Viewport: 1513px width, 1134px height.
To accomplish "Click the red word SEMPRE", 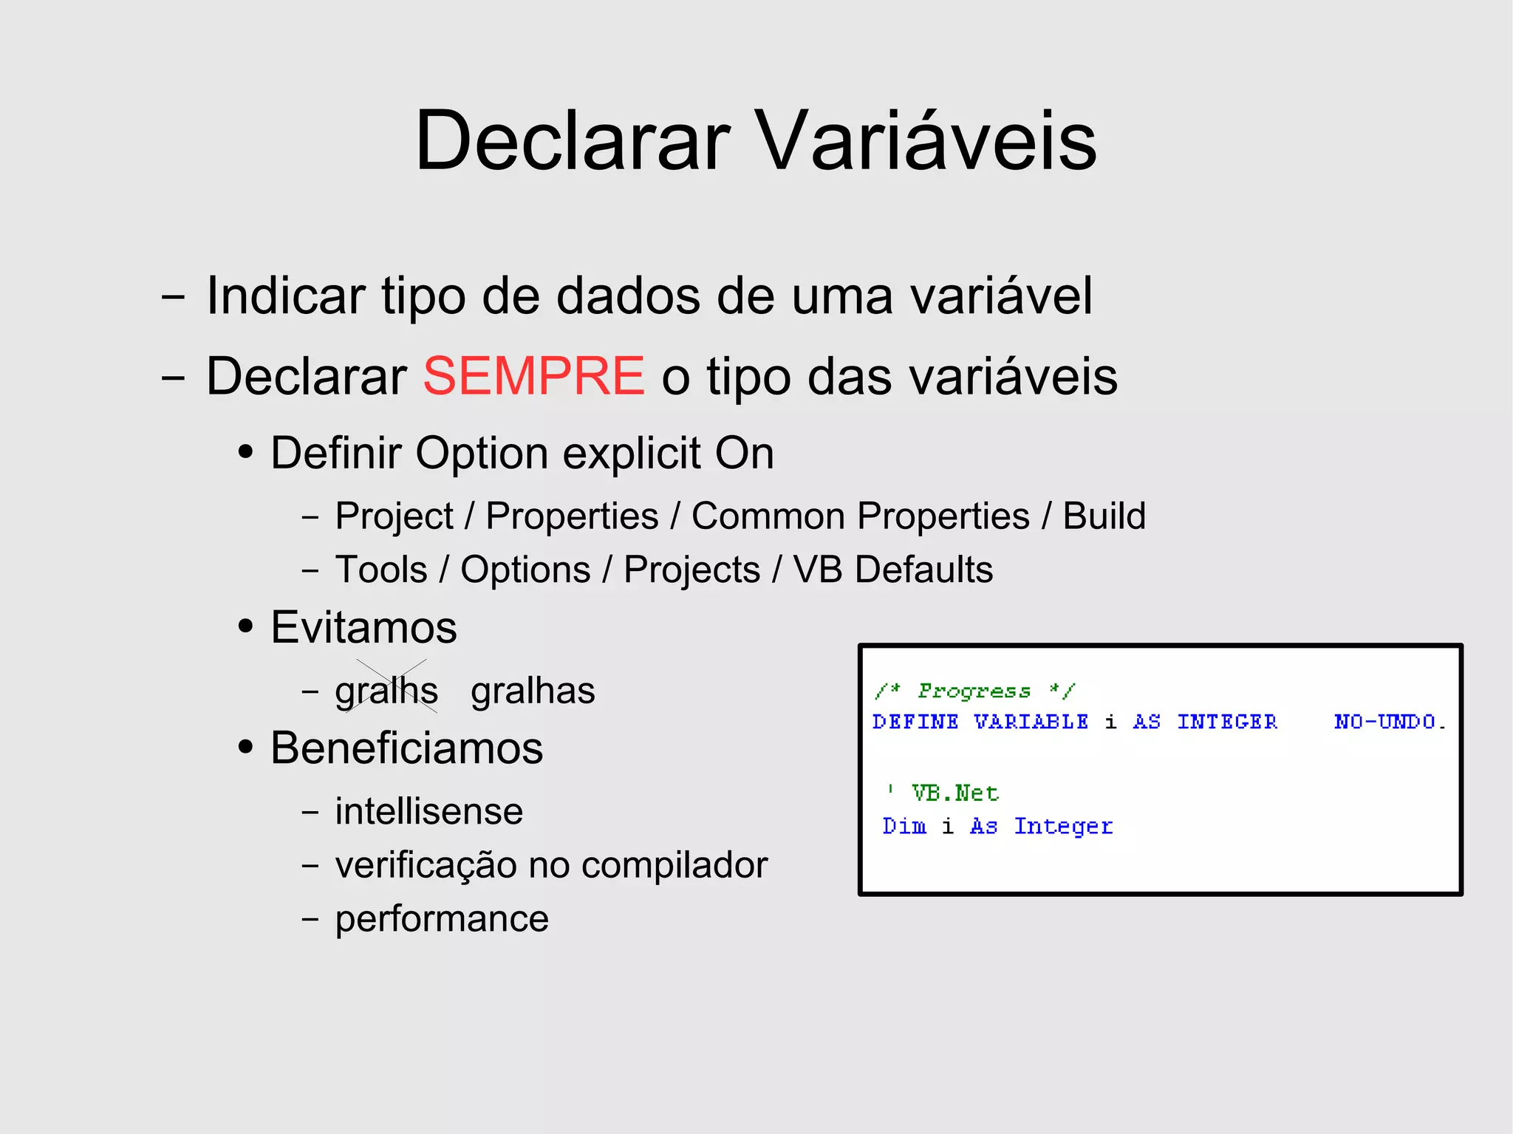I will (533, 376).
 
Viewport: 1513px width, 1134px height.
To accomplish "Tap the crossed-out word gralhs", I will (386, 691).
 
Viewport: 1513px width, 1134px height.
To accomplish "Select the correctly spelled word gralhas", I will (533, 691).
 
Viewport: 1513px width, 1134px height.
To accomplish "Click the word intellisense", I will (429, 811).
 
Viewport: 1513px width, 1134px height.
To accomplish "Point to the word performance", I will (442, 919).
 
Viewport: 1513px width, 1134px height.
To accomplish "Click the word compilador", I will (674, 865).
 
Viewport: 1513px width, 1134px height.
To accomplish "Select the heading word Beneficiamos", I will (407, 748).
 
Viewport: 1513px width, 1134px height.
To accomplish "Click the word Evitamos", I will (364, 627).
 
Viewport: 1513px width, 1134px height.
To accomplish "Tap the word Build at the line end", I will (1104, 516).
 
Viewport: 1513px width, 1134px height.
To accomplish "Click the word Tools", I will (381, 570).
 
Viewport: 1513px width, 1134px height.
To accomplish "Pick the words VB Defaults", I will (892, 570).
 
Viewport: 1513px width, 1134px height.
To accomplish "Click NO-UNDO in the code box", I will (1389, 722).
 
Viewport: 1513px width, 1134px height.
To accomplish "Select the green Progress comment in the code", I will (974, 691).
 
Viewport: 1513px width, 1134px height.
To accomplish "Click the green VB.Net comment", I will (954, 793).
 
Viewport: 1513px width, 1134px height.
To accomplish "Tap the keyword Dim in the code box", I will (904, 826).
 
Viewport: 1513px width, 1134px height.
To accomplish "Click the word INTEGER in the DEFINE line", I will (1226, 722).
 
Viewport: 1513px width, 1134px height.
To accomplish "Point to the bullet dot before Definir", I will (246, 451).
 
